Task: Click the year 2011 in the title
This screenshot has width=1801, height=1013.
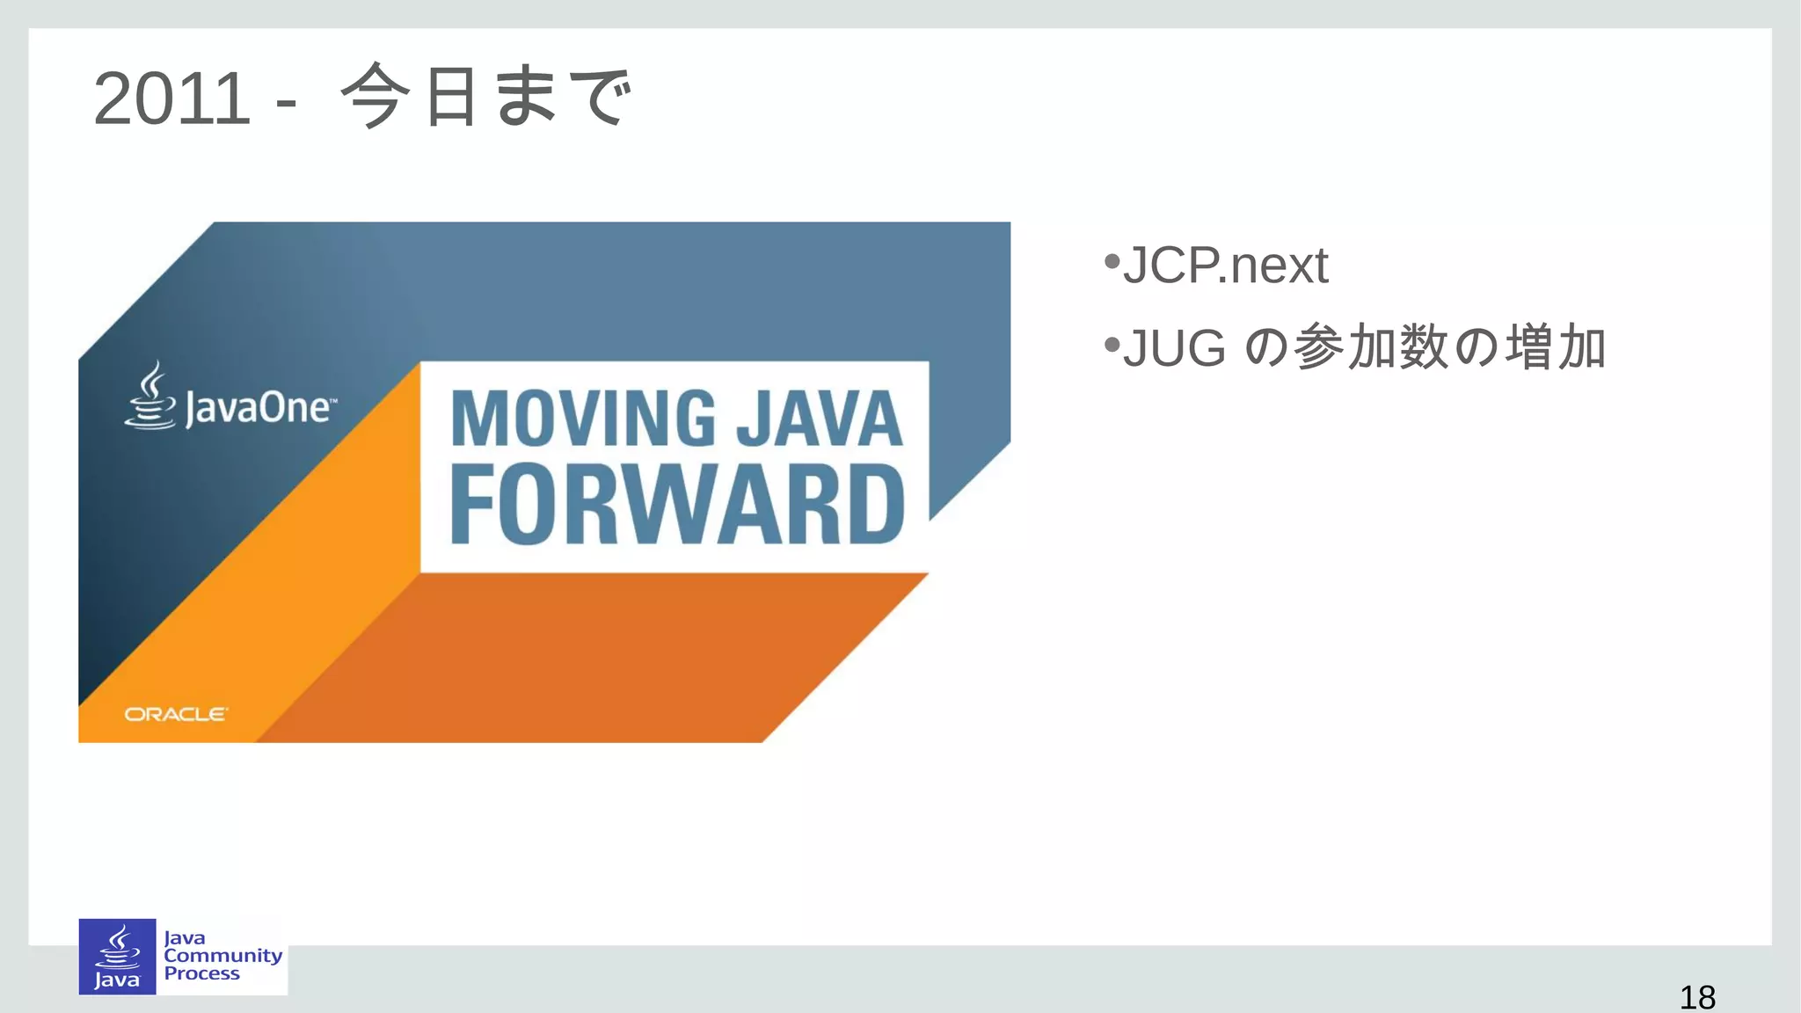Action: pyautogui.click(x=171, y=98)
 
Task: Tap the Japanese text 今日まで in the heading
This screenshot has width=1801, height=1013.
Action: pyautogui.click(x=485, y=97)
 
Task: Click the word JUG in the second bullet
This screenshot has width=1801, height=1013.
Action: pyautogui.click(x=1174, y=347)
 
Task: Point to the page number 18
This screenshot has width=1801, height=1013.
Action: pyautogui.click(x=1696, y=997)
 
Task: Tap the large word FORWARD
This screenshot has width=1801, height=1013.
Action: pyautogui.click(x=676, y=506)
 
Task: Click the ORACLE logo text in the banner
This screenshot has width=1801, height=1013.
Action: pyautogui.click(x=175, y=714)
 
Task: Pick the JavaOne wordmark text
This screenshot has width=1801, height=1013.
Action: pyautogui.click(x=259, y=409)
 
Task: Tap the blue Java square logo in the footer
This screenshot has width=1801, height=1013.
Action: pyautogui.click(x=117, y=957)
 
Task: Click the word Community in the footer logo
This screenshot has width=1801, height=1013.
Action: pyautogui.click(x=222, y=956)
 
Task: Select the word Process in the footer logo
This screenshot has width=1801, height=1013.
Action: pyautogui.click(x=201, y=973)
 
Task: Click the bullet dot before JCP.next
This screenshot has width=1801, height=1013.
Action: pyautogui.click(x=1112, y=261)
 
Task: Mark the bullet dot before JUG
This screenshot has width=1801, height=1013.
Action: pyautogui.click(x=1112, y=344)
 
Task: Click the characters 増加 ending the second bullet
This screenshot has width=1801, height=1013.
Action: pyautogui.click(x=1556, y=347)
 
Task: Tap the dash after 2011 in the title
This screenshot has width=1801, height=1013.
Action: pyautogui.click(x=286, y=104)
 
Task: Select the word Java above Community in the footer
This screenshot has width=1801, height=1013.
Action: pyautogui.click(x=184, y=938)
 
